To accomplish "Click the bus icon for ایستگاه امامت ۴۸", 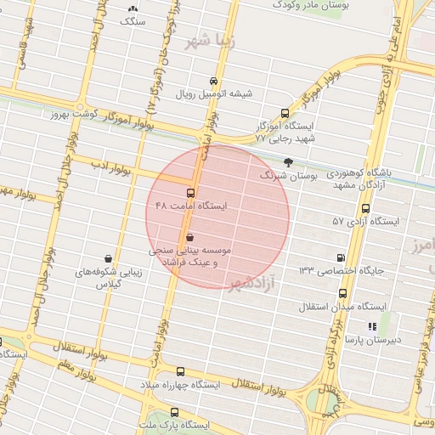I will click(189, 192).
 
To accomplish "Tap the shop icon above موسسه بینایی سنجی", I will click(189, 237).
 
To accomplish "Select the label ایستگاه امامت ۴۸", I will click(192, 206).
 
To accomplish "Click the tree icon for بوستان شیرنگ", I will click(289, 161).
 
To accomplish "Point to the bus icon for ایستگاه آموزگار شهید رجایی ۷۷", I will click(285, 112).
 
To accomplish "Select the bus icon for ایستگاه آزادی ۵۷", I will click(366, 208).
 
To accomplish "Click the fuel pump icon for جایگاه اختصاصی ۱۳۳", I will click(342, 257).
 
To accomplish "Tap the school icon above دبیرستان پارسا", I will click(371, 325).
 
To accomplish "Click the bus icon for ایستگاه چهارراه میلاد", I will click(179, 371).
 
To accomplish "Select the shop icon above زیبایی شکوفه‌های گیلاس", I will click(109, 257).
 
